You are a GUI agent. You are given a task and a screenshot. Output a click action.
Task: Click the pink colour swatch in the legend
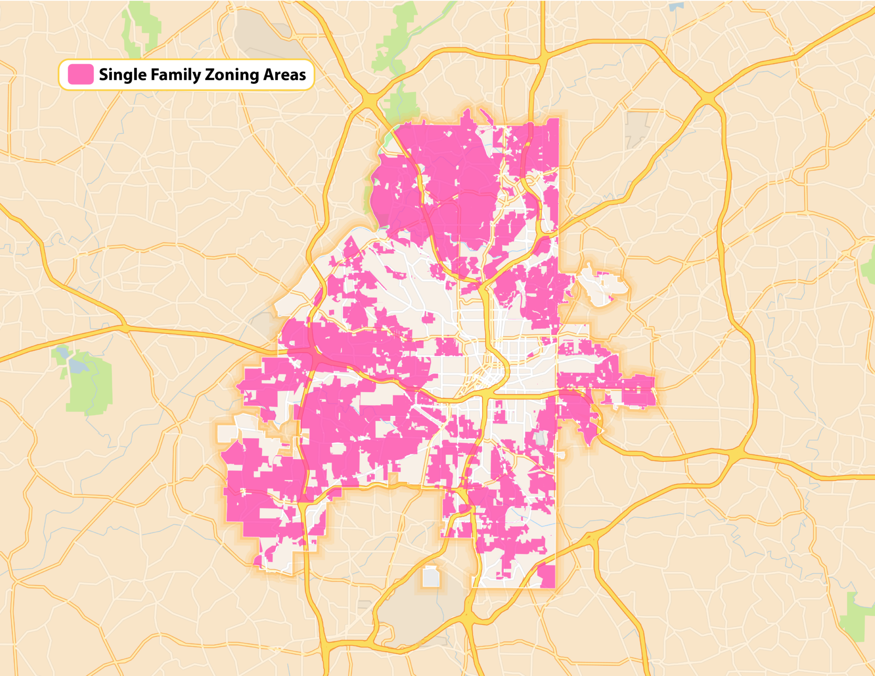(81, 74)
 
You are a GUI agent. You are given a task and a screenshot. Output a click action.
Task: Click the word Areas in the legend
(285, 75)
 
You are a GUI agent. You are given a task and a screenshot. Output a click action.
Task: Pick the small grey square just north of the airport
(431, 577)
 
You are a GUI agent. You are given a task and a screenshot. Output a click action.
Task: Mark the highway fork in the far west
(124, 328)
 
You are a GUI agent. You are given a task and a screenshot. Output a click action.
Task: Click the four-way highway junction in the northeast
(708, 99)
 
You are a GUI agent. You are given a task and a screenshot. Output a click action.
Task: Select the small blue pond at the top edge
(676, 6)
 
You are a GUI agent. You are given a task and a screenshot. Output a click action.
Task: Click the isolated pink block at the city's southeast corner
(546, 575)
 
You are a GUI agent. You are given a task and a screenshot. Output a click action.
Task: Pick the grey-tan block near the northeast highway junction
(636, 128)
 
